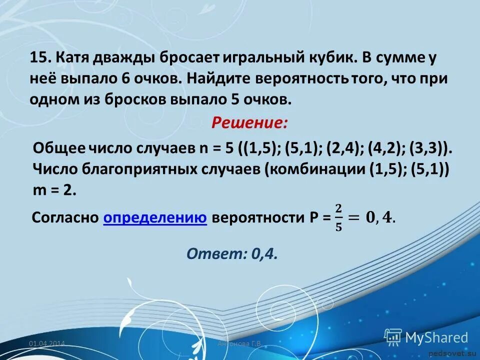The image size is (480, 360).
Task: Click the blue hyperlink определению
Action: [155, 218]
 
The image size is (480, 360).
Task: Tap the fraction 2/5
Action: [338, 218]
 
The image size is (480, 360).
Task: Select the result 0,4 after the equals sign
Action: [380, 218]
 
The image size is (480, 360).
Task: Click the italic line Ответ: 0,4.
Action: [232, 254]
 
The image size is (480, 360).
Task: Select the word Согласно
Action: [64, 218]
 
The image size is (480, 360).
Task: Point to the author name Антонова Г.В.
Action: [240, 344]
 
